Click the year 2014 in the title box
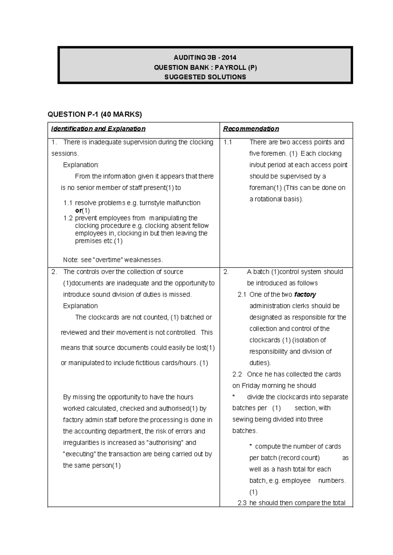tap(229, 58)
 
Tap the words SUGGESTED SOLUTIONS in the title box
tap(205, 77)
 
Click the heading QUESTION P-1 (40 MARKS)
tap(95, 114)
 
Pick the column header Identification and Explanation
tap(98, 129)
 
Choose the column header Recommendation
tap(251, 129)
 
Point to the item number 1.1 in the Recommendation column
tap(228, 142)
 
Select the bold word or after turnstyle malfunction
tap(78, 210)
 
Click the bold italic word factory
tap(305, 295)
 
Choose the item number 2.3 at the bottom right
tap(242, 503)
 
